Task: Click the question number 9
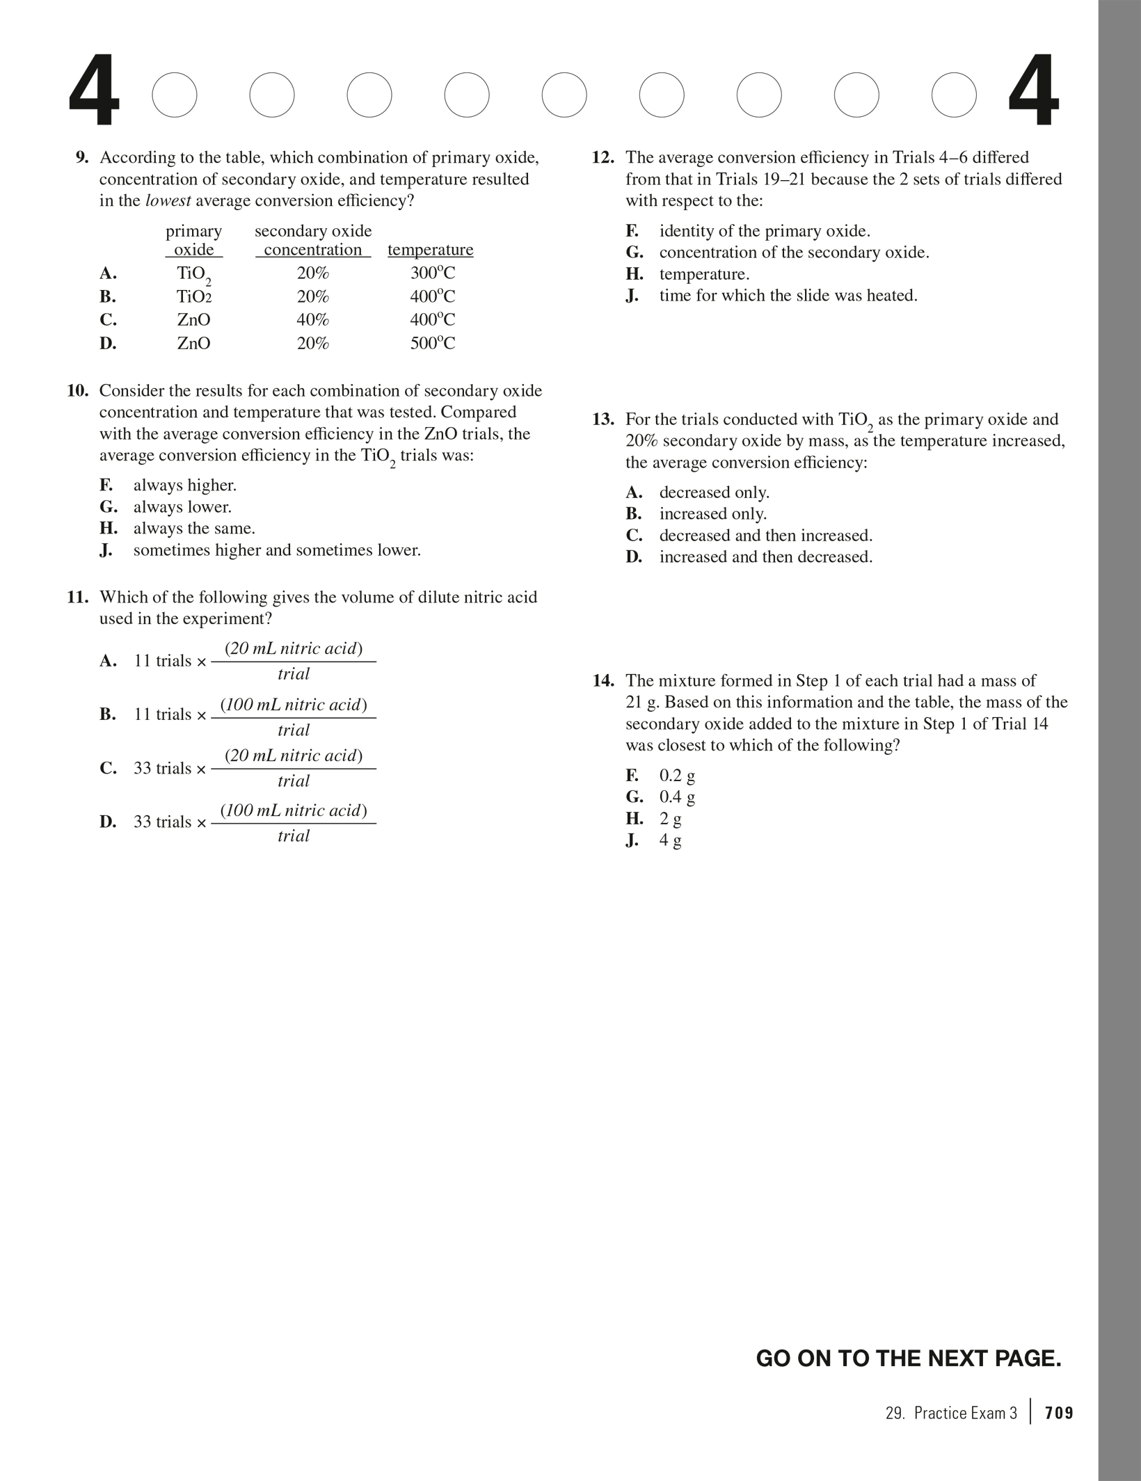[x=82, y=158]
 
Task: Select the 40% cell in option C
[x=312, y=320]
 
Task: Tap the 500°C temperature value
[x=432, y=344]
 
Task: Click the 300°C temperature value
[x=432, y=273]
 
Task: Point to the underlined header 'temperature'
[x=430, y=250]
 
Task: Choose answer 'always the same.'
[x=194, y=529]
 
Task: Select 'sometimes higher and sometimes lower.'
[x=277, y=551]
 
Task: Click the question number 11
[x=78, y=598]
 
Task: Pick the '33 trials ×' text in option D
[x=170, y=822]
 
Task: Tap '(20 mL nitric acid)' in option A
[x=294, y=649]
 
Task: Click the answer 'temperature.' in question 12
[x=704, y=274]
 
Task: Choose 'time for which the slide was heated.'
[x=788, y=296]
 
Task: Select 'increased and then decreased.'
[x=765, y=557]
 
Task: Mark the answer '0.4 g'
[x=677, y=797]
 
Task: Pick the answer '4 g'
[x=670, y=840]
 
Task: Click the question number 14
[x=603, y=681]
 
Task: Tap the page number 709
[x=1059, y=1413]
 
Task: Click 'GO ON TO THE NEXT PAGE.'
[x=909, y=1359]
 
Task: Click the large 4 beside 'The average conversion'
[x=1033, y=93]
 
